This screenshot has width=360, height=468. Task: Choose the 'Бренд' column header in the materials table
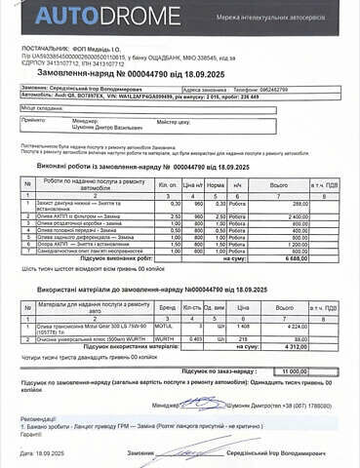point(168,307)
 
